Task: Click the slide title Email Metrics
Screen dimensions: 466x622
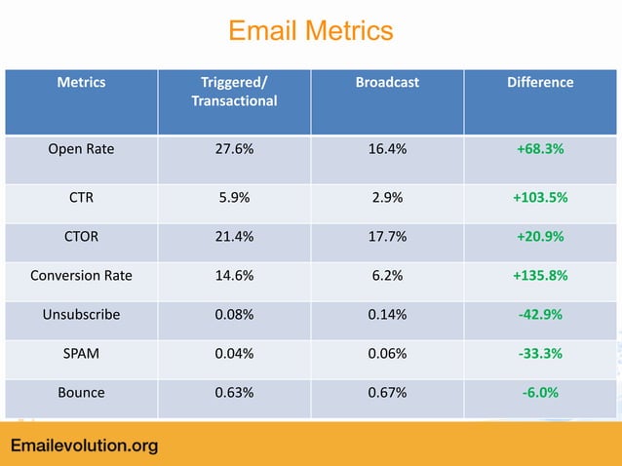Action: pyautogui.click(x=310, y=31)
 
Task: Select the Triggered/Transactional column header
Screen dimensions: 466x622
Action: pyautogui.click(x=234, y=92)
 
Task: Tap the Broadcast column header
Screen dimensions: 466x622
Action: pyautogui.click(x=387, y=83)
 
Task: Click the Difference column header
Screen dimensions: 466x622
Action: pyautogui.click(x=540, y=83)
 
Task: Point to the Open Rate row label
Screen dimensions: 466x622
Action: pyautogui.click(x=81, y=151)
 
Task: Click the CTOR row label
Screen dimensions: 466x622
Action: pyautogui.click(x=81, y=236)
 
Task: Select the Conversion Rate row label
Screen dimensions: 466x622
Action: pyautogui.click(x=81, y=275)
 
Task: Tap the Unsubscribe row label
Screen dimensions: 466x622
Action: pyautogui.click(x=81, y=315)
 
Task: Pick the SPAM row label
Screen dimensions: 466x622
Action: pyautogui.click(x=81, y=354)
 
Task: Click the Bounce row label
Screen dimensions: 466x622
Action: pyautogui.click(x=81, y=393)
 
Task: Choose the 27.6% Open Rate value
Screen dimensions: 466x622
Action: pyautogui.click(x=234, y=151)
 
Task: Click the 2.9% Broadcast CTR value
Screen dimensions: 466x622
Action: pyautogui.click(x=387, y=197)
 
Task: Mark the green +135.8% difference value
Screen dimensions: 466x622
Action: pyautogui.click(x=540, y=275)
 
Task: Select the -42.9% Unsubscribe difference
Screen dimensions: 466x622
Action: pyautogui.click(x=540, y=315)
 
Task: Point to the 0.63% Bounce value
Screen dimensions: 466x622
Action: pyautogui.click(x=234, y=393)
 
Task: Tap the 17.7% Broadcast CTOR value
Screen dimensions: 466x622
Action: pyautogui.click(x=387, y=236)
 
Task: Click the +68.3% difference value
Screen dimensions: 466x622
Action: pyautogui.click(x=540, y=151)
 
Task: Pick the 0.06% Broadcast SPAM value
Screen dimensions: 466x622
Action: pyautogui.click(x=387, y=354)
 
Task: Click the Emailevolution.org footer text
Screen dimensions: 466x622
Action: pyautogui.click(x=84, y=447)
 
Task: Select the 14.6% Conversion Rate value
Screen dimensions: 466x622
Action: pyautogui.click(x=234, y=275)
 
